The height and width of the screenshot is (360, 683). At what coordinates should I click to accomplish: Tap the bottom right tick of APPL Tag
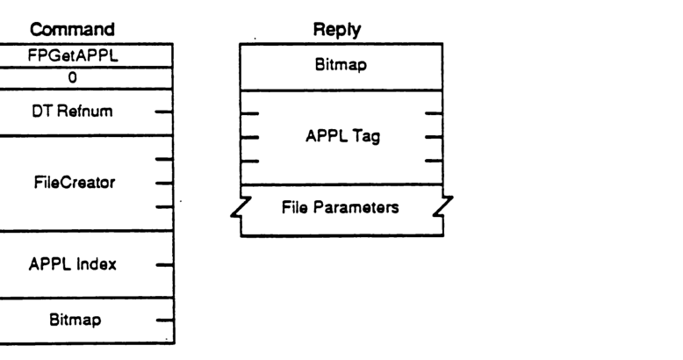pyautogui.click(x=434, y=161)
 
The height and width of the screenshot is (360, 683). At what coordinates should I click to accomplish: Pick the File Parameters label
pyautogui.click(x=342, y=208)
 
